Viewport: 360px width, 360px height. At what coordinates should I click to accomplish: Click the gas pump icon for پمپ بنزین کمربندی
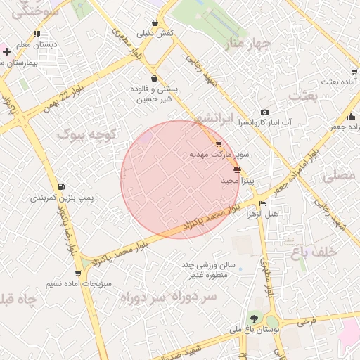(63, 187)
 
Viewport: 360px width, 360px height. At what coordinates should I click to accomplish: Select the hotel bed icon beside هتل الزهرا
(263, 204)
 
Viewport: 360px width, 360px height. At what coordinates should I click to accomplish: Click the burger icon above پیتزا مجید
(236, 170)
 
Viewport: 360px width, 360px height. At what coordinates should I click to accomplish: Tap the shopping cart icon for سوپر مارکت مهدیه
(219, 143)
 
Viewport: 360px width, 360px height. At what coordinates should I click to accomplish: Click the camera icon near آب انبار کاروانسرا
(264, 112)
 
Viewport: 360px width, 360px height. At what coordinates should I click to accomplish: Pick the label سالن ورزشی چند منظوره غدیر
(210, 270)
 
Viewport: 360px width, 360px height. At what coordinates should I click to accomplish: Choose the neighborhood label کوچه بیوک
(82, 132)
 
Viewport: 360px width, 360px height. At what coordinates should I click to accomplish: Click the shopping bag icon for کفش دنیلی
(155, 22)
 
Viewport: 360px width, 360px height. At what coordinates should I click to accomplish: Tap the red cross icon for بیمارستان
(6, 52)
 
